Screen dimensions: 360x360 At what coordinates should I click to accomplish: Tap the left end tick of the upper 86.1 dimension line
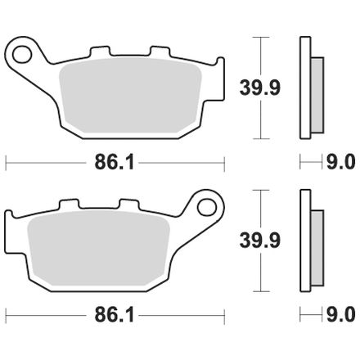point(7,163)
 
